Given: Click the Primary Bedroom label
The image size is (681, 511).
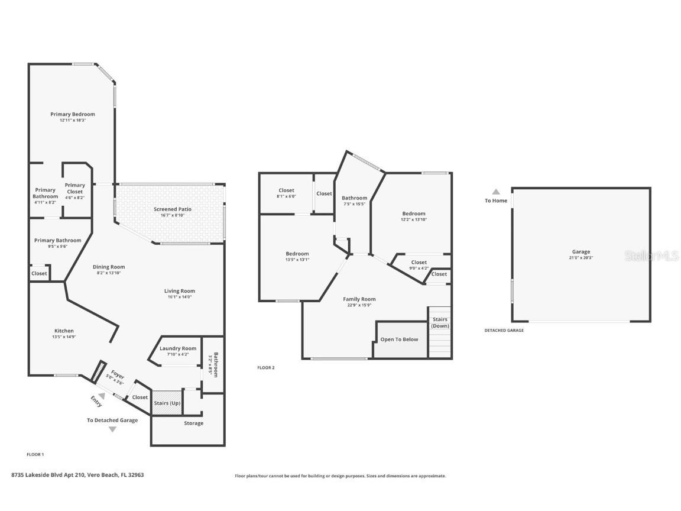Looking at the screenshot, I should tap(72, 114).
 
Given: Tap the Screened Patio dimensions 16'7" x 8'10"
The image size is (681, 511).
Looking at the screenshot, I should tap(173, 215).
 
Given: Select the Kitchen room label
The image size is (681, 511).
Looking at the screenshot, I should tap(64, 331).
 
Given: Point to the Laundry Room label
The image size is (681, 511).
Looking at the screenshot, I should tap(177, 348).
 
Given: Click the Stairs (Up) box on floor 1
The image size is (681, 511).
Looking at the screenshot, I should tap(167, 403).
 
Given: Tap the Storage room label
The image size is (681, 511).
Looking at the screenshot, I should tap(193, 423).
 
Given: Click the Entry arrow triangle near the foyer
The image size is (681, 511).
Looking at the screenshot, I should tap(102, 396).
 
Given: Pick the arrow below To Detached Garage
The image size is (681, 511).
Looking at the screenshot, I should tap(112, 429).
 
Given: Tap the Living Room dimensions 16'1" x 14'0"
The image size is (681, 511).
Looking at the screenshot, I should tap(179, 297).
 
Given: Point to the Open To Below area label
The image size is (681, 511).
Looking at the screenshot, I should tap(399, 339).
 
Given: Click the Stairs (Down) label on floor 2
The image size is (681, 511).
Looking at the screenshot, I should tap(440, 323).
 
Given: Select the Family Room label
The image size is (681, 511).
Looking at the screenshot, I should tap(359, 299).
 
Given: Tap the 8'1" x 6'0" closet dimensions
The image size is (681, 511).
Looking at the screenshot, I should tap(286, 196).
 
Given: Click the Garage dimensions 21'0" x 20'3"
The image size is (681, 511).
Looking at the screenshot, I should tap(581, 258).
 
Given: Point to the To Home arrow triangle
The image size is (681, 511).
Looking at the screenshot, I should tap(496, 192).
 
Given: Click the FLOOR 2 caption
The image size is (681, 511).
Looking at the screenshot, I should tap(265, 368).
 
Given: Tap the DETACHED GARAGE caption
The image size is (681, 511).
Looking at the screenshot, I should tap(504, 330).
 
